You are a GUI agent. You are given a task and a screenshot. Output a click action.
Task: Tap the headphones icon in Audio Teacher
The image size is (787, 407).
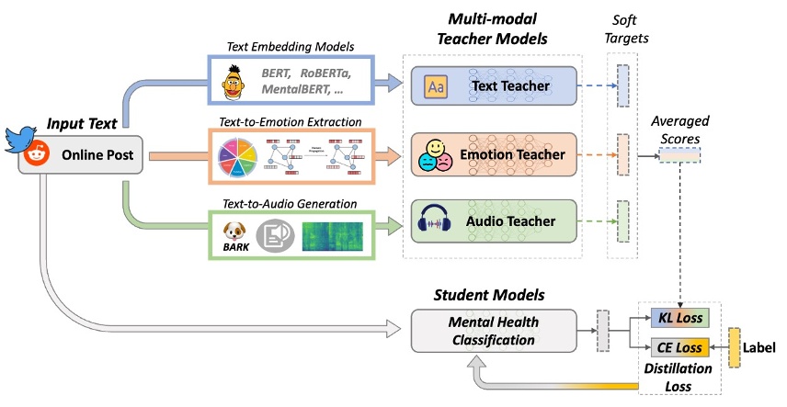click(434, 221)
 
